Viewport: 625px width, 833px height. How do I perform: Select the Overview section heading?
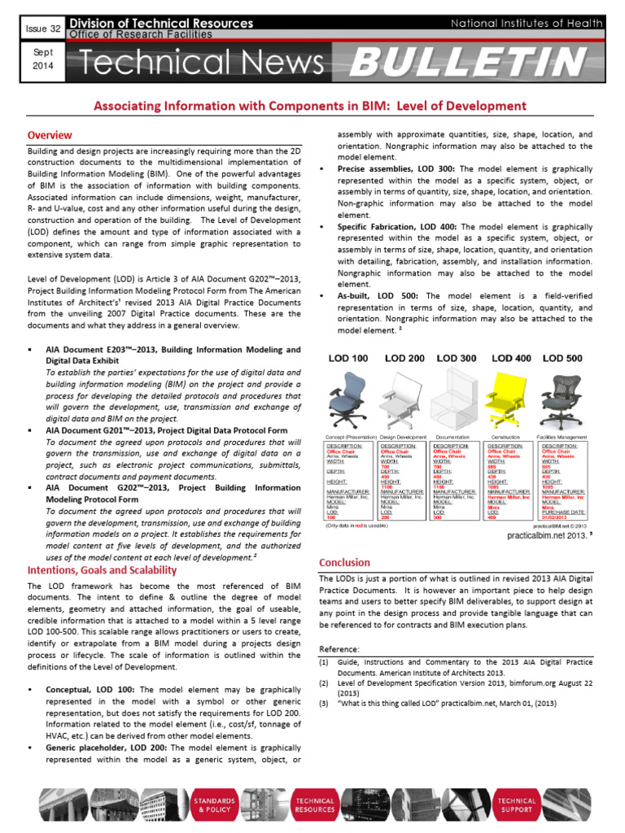[50, 135]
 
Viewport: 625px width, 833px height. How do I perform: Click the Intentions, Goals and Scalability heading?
[102, 570]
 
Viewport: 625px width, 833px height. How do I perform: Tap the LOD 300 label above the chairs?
[457, 358]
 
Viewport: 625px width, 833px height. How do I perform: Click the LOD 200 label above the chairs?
[404, 358]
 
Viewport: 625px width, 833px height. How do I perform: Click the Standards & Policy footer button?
[214, 805]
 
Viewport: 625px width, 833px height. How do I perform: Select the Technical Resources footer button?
[315, 805]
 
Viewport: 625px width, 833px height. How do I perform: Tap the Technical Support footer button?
[517, 805]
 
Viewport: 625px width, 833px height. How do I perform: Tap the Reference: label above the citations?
[338, 649]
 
